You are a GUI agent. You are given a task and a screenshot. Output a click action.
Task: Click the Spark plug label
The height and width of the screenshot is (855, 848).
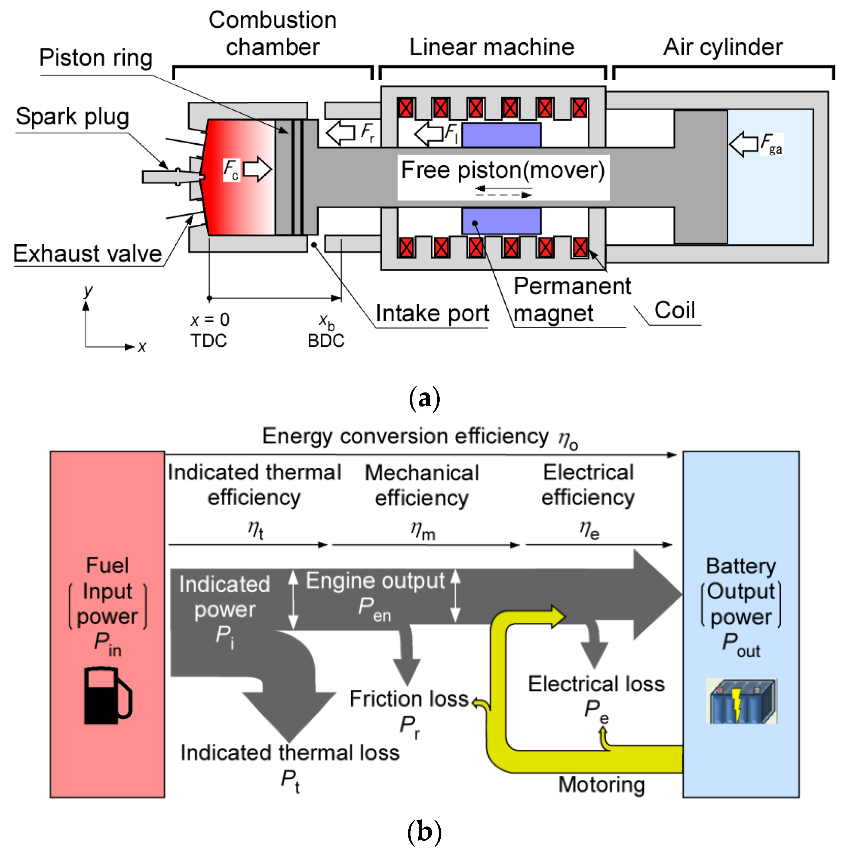tap(72, 117)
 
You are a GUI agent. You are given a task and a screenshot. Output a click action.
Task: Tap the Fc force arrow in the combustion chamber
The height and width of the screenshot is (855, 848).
tap(257, 169)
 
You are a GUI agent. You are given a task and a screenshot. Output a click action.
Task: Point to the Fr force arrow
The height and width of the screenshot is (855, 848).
tap(340, 132)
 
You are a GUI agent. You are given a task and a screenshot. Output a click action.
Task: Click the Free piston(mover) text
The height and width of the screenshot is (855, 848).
tap(502, 170)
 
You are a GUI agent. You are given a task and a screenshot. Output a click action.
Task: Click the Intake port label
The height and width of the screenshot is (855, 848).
tap(432, 313)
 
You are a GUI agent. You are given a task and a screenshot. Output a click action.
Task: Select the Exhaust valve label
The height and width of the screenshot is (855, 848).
tap(87, 254)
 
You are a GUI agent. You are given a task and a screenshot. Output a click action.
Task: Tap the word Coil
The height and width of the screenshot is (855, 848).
tap(674, 310)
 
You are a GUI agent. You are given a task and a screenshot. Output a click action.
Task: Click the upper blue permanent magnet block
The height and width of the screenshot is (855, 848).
tap(501, 135)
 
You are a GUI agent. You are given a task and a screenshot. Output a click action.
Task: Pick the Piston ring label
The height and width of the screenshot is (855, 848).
tap(96, 58)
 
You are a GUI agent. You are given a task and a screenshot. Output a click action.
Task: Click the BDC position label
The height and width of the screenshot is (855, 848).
tap(326, 341)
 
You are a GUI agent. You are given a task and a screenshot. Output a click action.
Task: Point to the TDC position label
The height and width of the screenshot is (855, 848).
tap(208, 341)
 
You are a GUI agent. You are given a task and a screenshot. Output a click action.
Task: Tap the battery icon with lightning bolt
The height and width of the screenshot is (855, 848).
tap(741, 701)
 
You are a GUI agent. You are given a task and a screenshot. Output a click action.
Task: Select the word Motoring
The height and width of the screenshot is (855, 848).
tap(601, 785)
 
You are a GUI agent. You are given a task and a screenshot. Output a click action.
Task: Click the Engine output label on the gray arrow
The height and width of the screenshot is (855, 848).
tap(375, 581)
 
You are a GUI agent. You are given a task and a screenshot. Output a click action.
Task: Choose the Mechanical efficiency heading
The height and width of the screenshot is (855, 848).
tap(421, 485)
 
